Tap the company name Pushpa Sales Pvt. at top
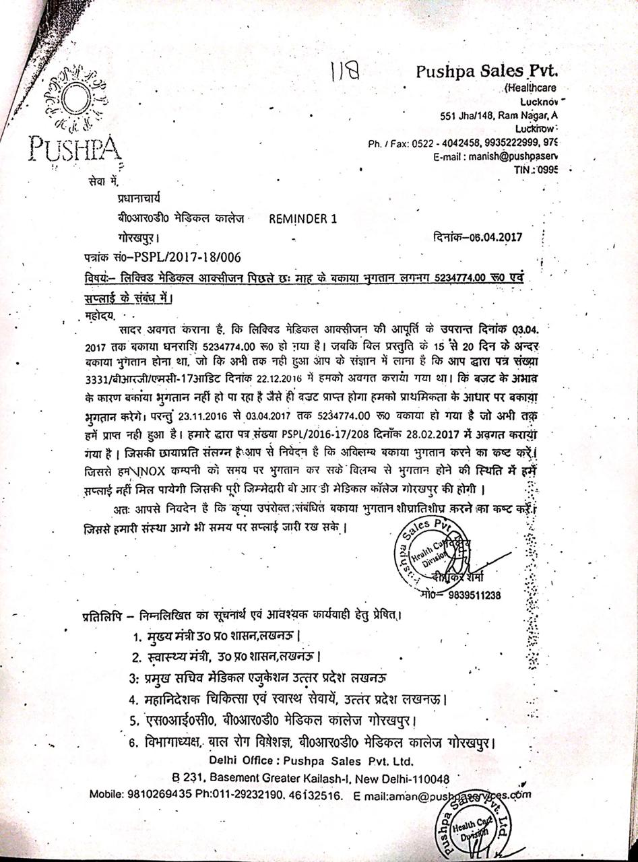point(488,71)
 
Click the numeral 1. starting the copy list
point(137,636)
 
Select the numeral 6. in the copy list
point(135,743)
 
